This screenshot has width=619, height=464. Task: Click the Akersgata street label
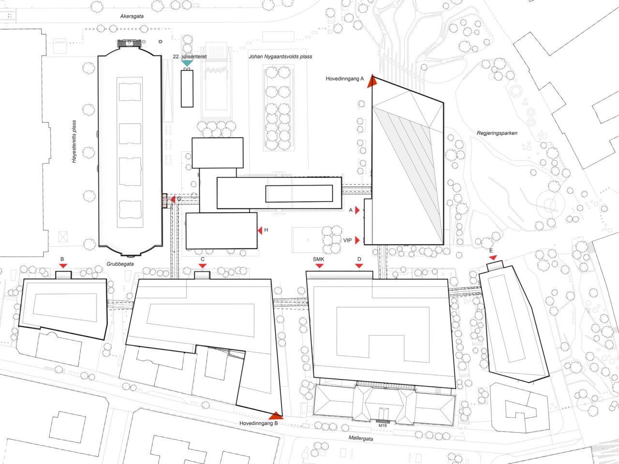pos(132,16)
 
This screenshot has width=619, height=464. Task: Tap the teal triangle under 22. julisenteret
pos(187,63)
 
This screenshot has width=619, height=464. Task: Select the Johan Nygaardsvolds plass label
pos(280,57)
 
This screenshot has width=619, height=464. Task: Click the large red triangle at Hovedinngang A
pos(372,81)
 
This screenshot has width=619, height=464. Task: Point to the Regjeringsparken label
pos(497,133)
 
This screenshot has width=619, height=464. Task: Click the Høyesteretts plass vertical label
pos(74,142)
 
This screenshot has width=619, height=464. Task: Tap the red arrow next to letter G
pos(173,199)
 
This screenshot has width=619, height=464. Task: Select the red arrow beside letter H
pos(260,231)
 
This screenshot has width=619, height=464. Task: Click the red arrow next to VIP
pos(357,240)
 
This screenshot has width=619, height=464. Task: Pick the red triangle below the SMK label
pos(319,266)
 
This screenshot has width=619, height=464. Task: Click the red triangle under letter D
pos(359,266)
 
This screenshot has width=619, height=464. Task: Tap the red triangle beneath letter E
pos(493,258)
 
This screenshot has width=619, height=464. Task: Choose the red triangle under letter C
pos(203,266)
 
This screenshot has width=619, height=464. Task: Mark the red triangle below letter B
pos(63,266)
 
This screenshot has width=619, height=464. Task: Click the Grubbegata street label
pos(120,264)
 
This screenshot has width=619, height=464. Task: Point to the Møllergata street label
pos(361,438)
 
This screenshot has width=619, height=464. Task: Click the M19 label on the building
pos(383,425)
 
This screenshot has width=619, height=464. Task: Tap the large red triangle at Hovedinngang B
pos(276,416)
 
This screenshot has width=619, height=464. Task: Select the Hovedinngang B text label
pos(259,423)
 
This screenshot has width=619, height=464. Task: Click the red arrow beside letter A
pos(357,210)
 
